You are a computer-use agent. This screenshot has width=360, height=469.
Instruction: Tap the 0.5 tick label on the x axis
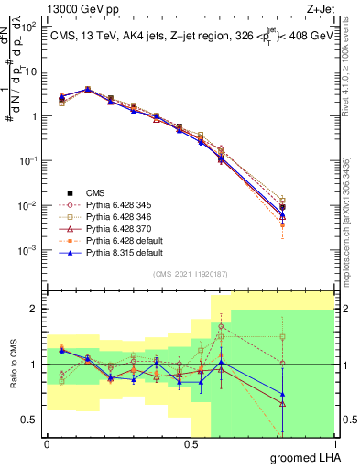pos(191,443)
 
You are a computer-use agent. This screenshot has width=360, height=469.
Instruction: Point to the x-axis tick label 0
pos(47,443)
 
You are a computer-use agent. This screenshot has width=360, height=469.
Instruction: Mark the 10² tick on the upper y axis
pos(30,27)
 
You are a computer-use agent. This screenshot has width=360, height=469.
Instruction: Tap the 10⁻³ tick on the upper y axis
pos(28,250)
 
